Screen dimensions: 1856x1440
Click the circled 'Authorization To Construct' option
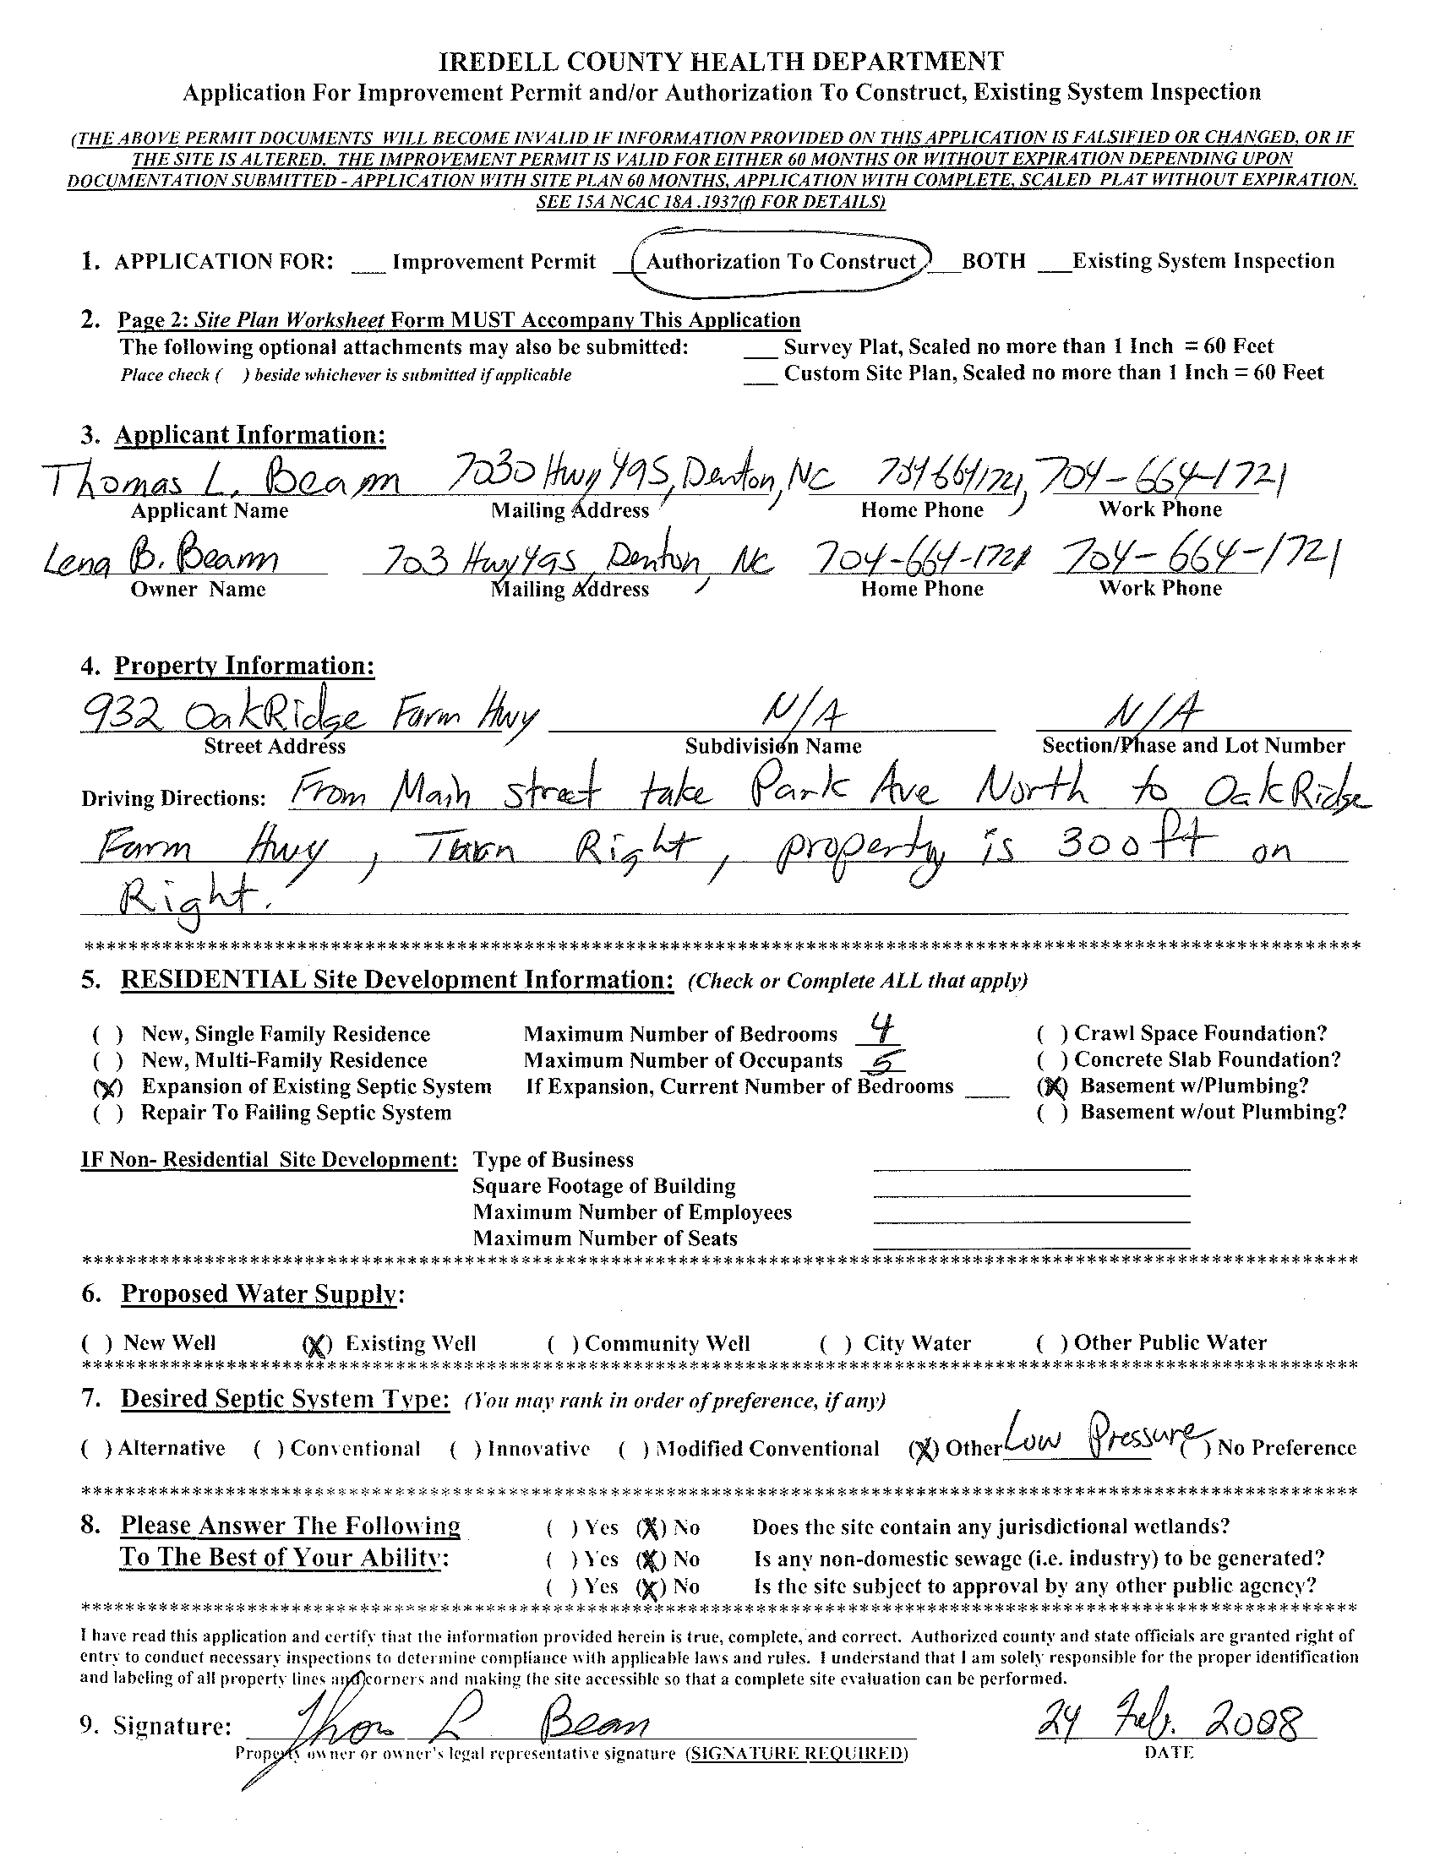click(780, 262)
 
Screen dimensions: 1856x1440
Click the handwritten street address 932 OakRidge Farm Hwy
click(308, 719)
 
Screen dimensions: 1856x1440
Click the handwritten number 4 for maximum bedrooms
click(883, 1031)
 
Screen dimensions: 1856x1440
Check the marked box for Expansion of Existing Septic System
click(108, 1088)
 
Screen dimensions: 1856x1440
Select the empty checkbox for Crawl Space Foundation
click(1052, 1034)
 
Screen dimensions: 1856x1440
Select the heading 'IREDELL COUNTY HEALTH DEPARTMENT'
click(720, 62)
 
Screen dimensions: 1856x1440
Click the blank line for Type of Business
click(1031, 1162)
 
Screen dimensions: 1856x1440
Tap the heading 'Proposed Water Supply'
click(259, 1294)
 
